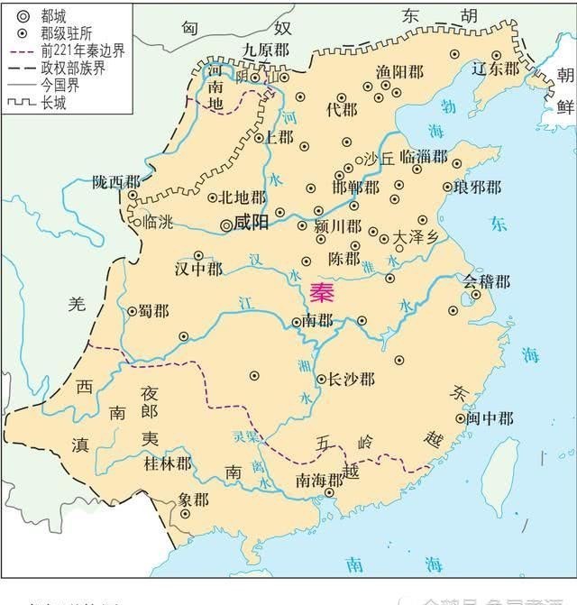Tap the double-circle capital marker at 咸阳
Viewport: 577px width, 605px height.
[226, 222]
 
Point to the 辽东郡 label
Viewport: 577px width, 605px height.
[499, 68]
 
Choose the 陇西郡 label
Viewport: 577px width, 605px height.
[116, 181]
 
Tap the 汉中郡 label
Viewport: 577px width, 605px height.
[198, 270]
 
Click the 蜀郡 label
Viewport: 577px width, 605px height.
[153, 310]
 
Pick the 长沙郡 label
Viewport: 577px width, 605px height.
[352, 380]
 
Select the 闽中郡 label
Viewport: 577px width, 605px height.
[490, 418]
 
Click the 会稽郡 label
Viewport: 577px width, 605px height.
[487, 281]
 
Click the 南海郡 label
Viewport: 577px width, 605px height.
[322, 479]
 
